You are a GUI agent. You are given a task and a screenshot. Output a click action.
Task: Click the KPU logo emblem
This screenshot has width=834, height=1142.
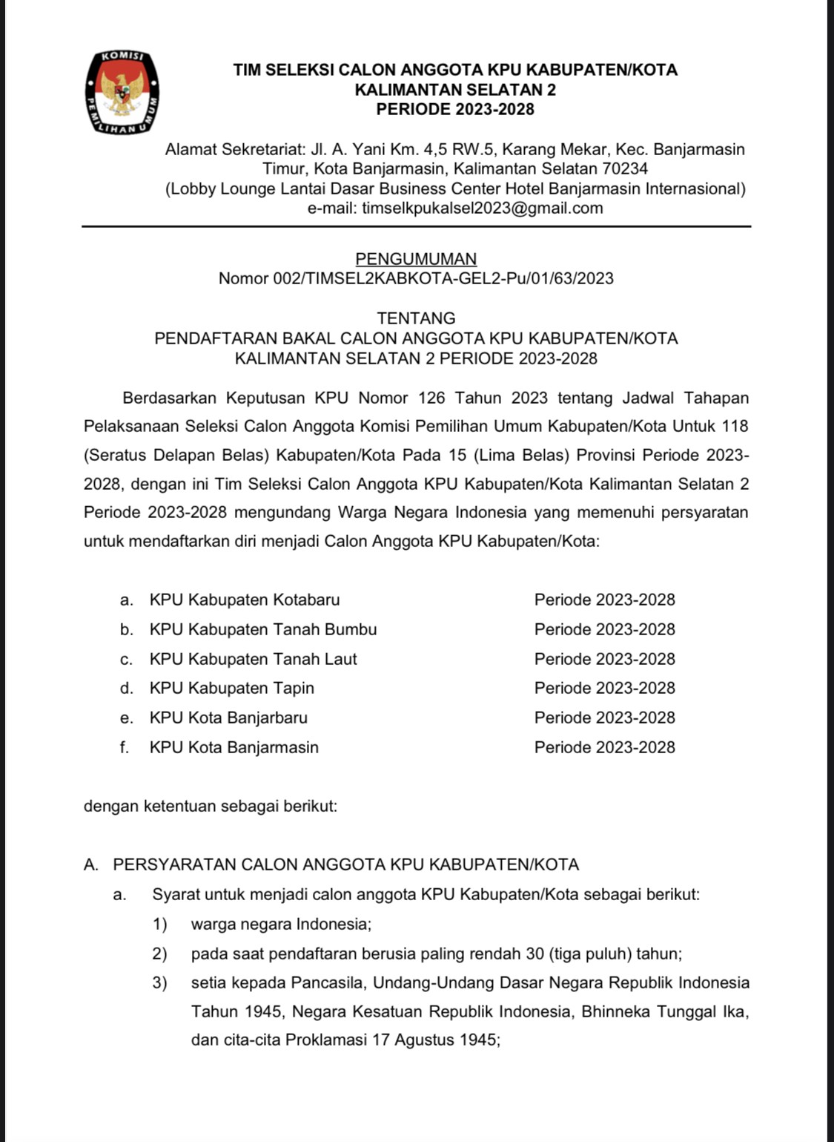coord(122,93)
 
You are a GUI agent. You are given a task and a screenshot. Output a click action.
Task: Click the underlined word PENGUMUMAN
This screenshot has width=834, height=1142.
coord(416,259)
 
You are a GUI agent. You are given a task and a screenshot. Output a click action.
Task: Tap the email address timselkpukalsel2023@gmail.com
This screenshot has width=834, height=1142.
coord(483,209)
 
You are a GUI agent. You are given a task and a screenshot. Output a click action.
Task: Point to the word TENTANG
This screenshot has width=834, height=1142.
coord(416,318)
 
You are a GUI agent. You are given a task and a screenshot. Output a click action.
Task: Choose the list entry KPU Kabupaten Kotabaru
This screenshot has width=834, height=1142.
coord(245,600)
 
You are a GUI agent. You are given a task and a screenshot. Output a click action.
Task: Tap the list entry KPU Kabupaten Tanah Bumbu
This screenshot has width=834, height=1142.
coord(263,629)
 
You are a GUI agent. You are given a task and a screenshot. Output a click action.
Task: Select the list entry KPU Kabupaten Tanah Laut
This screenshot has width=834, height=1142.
coord(253,659)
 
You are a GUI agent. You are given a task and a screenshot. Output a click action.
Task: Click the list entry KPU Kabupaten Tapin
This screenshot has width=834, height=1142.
coord(232,688)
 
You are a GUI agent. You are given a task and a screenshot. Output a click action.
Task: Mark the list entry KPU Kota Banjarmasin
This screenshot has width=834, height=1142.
coord(234,747)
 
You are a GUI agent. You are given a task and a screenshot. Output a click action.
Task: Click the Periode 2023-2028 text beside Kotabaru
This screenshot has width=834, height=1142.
coord(604,600)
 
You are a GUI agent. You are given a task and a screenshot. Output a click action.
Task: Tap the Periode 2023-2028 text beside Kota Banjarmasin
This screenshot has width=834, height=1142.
coord(604,747)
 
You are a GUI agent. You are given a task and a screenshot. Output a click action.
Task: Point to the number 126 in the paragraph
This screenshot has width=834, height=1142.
coord(431,398)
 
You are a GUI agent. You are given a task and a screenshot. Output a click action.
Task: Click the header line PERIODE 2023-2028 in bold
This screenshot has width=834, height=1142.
coord(454,110)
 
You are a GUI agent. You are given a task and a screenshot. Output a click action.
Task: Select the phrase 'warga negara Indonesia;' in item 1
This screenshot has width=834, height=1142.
coord(281,925)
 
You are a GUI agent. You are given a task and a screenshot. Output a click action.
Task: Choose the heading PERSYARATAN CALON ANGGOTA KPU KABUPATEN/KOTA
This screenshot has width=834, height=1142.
coord(345,864)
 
